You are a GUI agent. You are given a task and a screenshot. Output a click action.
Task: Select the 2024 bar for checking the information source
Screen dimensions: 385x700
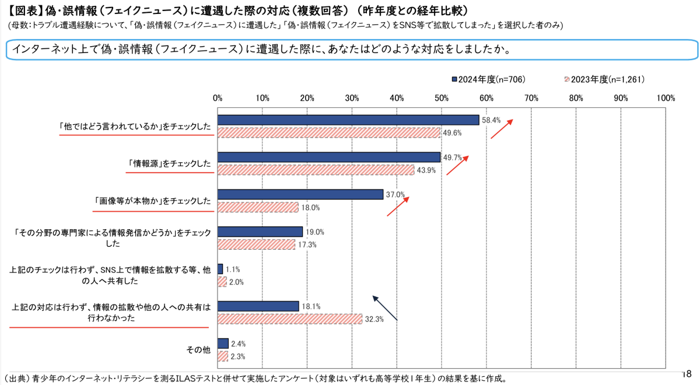point(329,157)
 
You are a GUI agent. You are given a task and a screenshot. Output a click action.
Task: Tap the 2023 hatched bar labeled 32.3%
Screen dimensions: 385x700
point(290,318)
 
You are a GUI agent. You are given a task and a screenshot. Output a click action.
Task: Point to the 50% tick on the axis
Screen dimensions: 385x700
point(442,97)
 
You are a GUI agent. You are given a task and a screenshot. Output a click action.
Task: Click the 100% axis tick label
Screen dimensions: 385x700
point(665,97)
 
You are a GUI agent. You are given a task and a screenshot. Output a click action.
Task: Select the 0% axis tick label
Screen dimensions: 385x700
point(218,97)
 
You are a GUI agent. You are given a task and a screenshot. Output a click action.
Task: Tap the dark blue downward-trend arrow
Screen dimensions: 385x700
point(385,307)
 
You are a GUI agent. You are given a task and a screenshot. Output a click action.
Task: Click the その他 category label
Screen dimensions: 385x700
point(198,350)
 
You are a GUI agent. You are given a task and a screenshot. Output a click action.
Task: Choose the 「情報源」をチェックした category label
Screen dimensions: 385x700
point(169,164)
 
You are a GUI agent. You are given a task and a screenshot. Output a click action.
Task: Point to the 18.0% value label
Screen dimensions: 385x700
point(310,208)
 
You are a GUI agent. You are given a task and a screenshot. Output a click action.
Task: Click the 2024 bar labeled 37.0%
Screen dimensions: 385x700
point(300,194)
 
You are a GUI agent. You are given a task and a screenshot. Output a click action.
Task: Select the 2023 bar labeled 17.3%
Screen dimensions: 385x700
point(257,244)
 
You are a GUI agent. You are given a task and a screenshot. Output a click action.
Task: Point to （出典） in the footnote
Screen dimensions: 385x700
point(18,378)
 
